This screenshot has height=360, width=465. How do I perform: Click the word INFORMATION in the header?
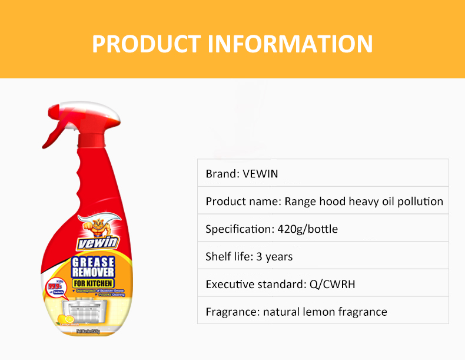291,44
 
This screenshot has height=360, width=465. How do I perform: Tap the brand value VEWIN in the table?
260,174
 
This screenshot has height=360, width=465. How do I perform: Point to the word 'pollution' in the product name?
420,202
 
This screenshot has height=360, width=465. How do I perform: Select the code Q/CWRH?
333,285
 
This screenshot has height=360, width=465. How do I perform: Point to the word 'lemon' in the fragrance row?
326,312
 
